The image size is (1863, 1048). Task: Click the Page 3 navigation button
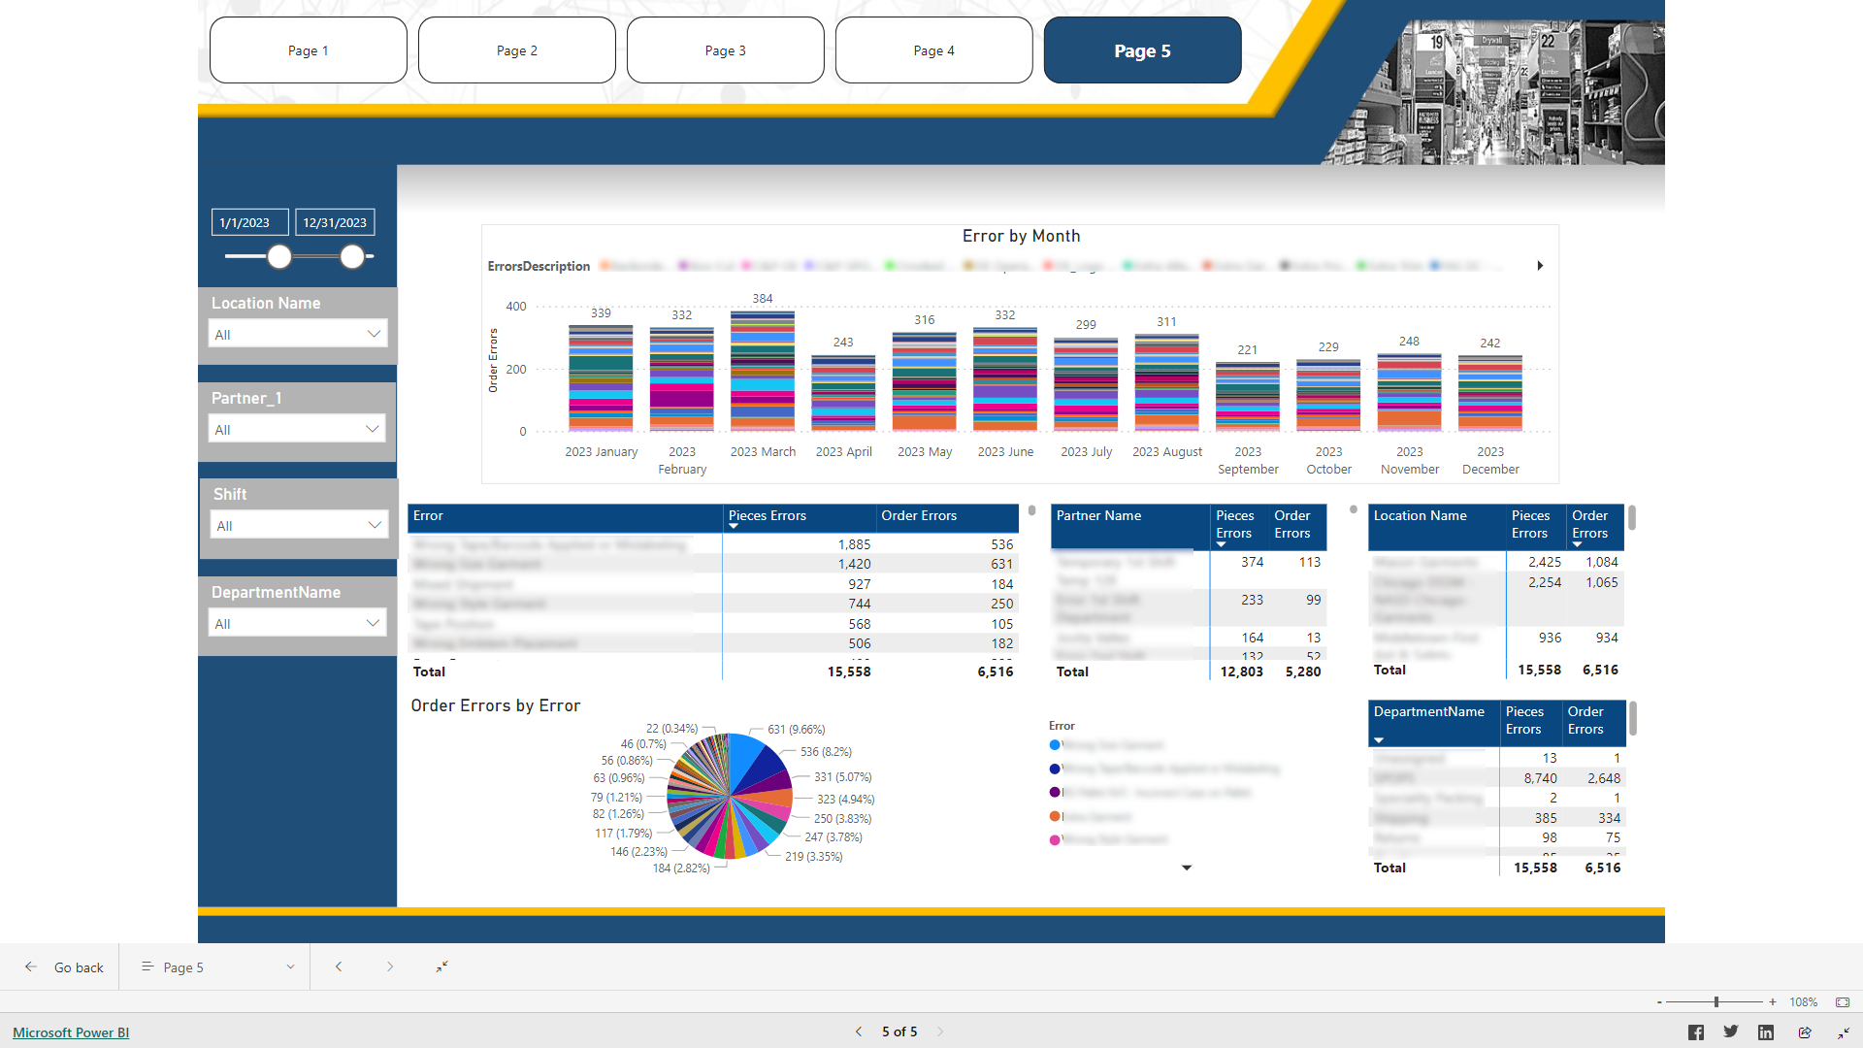[x=725, y=50]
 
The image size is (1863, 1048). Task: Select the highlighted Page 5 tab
[x=1142, y=50]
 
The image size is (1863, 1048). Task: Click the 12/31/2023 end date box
[x=334, y=222]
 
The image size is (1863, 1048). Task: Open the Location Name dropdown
[x=297, y=334]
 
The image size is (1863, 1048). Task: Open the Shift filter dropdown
[x=298, y=525]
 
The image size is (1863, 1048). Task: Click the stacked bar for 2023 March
[x=763, y=371]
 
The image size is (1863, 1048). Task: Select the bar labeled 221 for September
[x=1248, y=396]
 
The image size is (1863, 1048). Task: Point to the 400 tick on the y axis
[x=516, y=307]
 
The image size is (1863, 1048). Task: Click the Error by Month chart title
[x=1021, y=236]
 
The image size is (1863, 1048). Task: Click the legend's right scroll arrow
[x=1540, y=266]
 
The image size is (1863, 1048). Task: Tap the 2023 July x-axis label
[x=1086, y=452]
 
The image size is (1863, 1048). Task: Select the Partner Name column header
[x=1098, y=516]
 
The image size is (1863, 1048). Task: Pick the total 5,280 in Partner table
[x=1302, y=671]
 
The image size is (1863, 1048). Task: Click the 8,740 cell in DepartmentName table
[x=1540, y=778]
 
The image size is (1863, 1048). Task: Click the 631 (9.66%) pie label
[x=796, y=730]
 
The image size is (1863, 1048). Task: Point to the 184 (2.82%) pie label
[x=680, y=868]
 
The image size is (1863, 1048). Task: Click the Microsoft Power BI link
[x=71, y=1032]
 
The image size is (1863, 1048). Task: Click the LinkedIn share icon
[x=1766, y=1032]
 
